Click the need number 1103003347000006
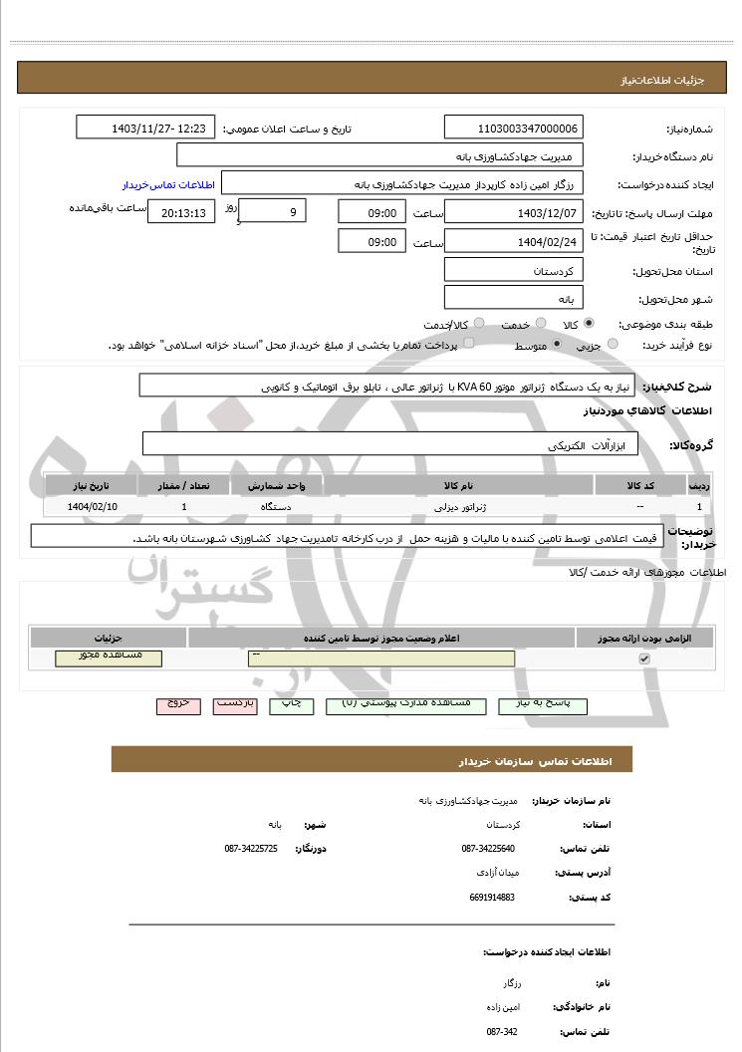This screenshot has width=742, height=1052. (514, 129)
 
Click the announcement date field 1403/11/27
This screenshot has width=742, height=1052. (145, 129)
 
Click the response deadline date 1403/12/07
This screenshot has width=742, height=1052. (514, 213)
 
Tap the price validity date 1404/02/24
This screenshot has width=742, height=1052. (514, 242)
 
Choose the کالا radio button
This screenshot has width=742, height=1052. (589, 324)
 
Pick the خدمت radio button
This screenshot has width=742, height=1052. (541, 324)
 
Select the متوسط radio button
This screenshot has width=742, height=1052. (556, 345)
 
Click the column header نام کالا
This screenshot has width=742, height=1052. (458, 485)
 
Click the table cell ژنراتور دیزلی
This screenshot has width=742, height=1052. (458, 507)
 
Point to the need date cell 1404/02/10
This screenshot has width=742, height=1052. (93, 507)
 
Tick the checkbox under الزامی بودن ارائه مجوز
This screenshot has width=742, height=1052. (644, 658)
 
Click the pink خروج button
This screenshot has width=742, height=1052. (178, 704)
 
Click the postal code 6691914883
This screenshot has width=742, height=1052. (492, 897)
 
